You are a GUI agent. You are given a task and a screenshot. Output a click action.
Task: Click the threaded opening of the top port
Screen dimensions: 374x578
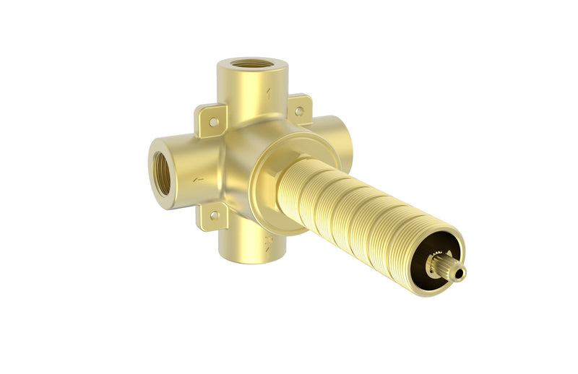pyautogui.click(x=251, y=64)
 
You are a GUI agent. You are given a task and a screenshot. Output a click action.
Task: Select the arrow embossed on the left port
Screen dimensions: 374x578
pyautogui.click(x=198, y=179)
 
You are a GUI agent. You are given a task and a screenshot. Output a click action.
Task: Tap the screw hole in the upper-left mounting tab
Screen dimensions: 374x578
pyautogui.click(x=214, y=122)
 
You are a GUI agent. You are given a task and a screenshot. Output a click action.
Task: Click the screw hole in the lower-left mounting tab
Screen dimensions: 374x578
pyautogui.click(x=214, y=214)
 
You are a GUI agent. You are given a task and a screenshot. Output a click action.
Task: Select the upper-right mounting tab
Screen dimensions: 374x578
pyautogui.click(x=299, y=110)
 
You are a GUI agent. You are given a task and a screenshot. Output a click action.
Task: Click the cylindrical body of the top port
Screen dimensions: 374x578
pyautogui.click(x=253, y=90)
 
